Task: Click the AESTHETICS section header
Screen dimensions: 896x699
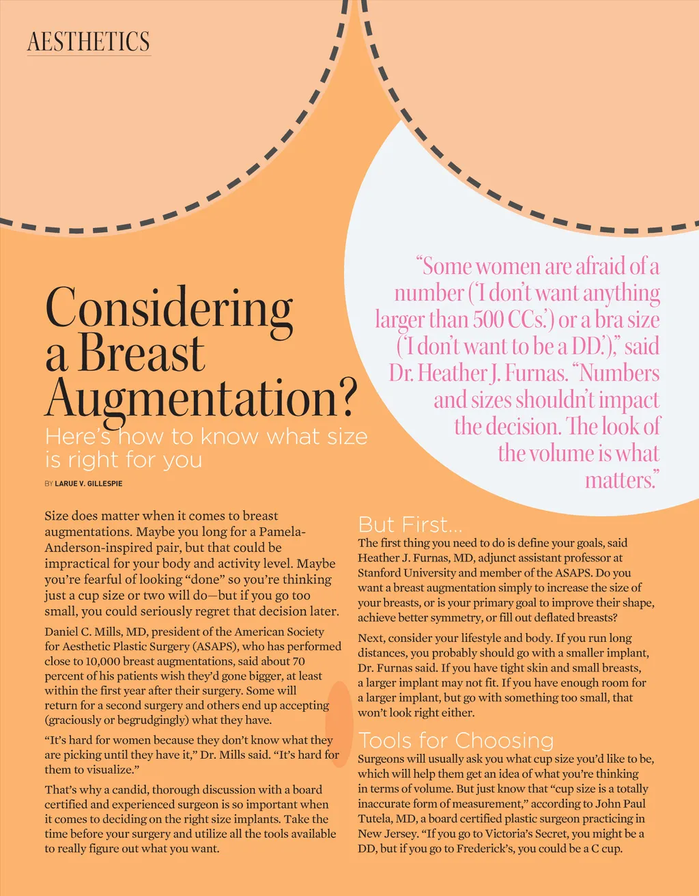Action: tap(88, 42)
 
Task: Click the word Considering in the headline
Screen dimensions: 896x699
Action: tap(169, 308)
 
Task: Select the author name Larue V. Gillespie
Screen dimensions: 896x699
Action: tap(89, 484)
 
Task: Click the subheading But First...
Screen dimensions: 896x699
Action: tap(410, 524)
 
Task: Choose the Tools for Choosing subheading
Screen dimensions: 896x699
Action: tap(456, 740)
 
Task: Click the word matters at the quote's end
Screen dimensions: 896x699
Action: tap(620, 479)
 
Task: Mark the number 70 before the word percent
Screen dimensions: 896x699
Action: tap(298, 661)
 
